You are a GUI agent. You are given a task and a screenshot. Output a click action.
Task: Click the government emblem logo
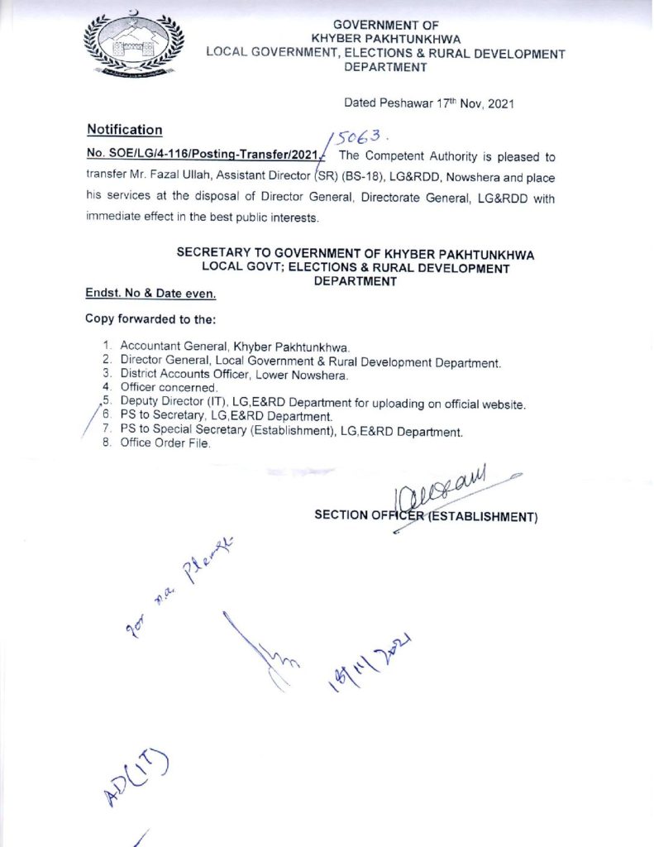pyautogui.click(x=132, y=49)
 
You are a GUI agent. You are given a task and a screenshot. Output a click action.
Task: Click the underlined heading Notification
pyautogui.click(x=125, y=130)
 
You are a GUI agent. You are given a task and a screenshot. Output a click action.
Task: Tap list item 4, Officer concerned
pyautogui.click(x=169, y=388)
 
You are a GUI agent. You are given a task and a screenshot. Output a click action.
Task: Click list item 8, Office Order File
pyautogui.click(x=165, y=444)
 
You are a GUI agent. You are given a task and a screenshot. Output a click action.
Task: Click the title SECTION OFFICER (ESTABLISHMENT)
pyautogui.click(x=426, y=516)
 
